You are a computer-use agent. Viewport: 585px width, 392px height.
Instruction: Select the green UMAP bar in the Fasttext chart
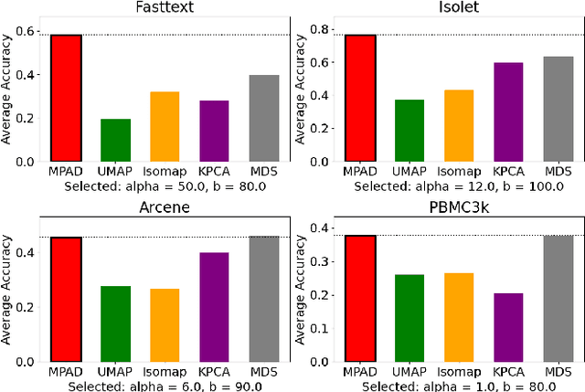point(115,140)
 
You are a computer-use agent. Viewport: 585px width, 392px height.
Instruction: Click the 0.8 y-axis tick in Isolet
point(320,31)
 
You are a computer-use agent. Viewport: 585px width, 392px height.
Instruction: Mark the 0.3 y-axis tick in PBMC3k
point(320,260)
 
